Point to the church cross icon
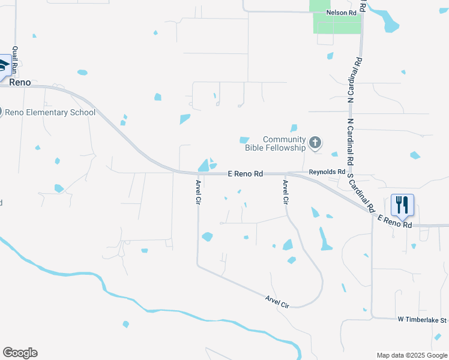(315, 143)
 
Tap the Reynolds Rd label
(327, 172)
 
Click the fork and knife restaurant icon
(402, 205)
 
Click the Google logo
(20, 353)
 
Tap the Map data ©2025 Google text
(412, 355)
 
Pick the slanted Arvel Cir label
(277, 301)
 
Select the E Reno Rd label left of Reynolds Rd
(246, 173)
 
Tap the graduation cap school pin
(5, 64)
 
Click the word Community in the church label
(284, 139)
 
